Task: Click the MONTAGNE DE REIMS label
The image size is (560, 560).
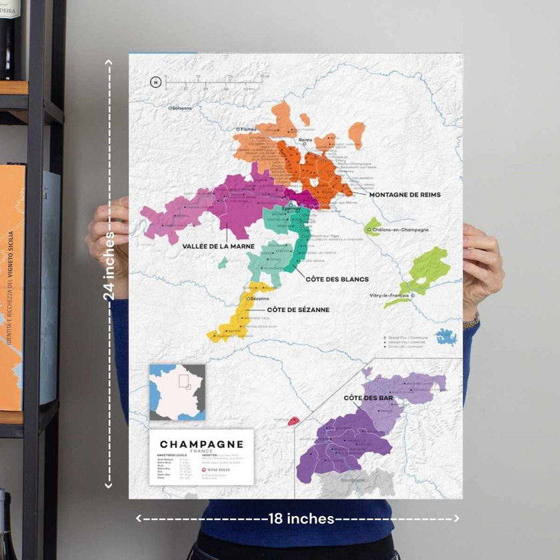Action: click(x=405, y=195)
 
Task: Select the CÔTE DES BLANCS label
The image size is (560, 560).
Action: click(x=337, y=279)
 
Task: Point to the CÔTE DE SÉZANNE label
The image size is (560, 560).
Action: click(x=298, y=309)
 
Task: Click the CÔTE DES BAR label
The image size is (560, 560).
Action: click(x=368, y=398)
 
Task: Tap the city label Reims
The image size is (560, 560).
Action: click(x=305, y=140)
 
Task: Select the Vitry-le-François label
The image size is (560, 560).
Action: click(x=389, y=295)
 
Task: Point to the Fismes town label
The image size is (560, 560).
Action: click(x=248, y=129)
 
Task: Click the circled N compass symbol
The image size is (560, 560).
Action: click(x=156, y=83)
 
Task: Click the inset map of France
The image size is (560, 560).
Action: click(x=177, y=392)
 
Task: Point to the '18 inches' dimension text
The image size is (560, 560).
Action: click(x=301, y=519)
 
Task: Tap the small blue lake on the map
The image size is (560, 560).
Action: click(x=447, y=337)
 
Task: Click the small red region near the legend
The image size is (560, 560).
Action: click(x=293, y=421)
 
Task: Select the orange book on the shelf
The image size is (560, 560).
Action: click(x=11, y=287)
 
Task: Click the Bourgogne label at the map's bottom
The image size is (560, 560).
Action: click(x=354, y=480)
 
